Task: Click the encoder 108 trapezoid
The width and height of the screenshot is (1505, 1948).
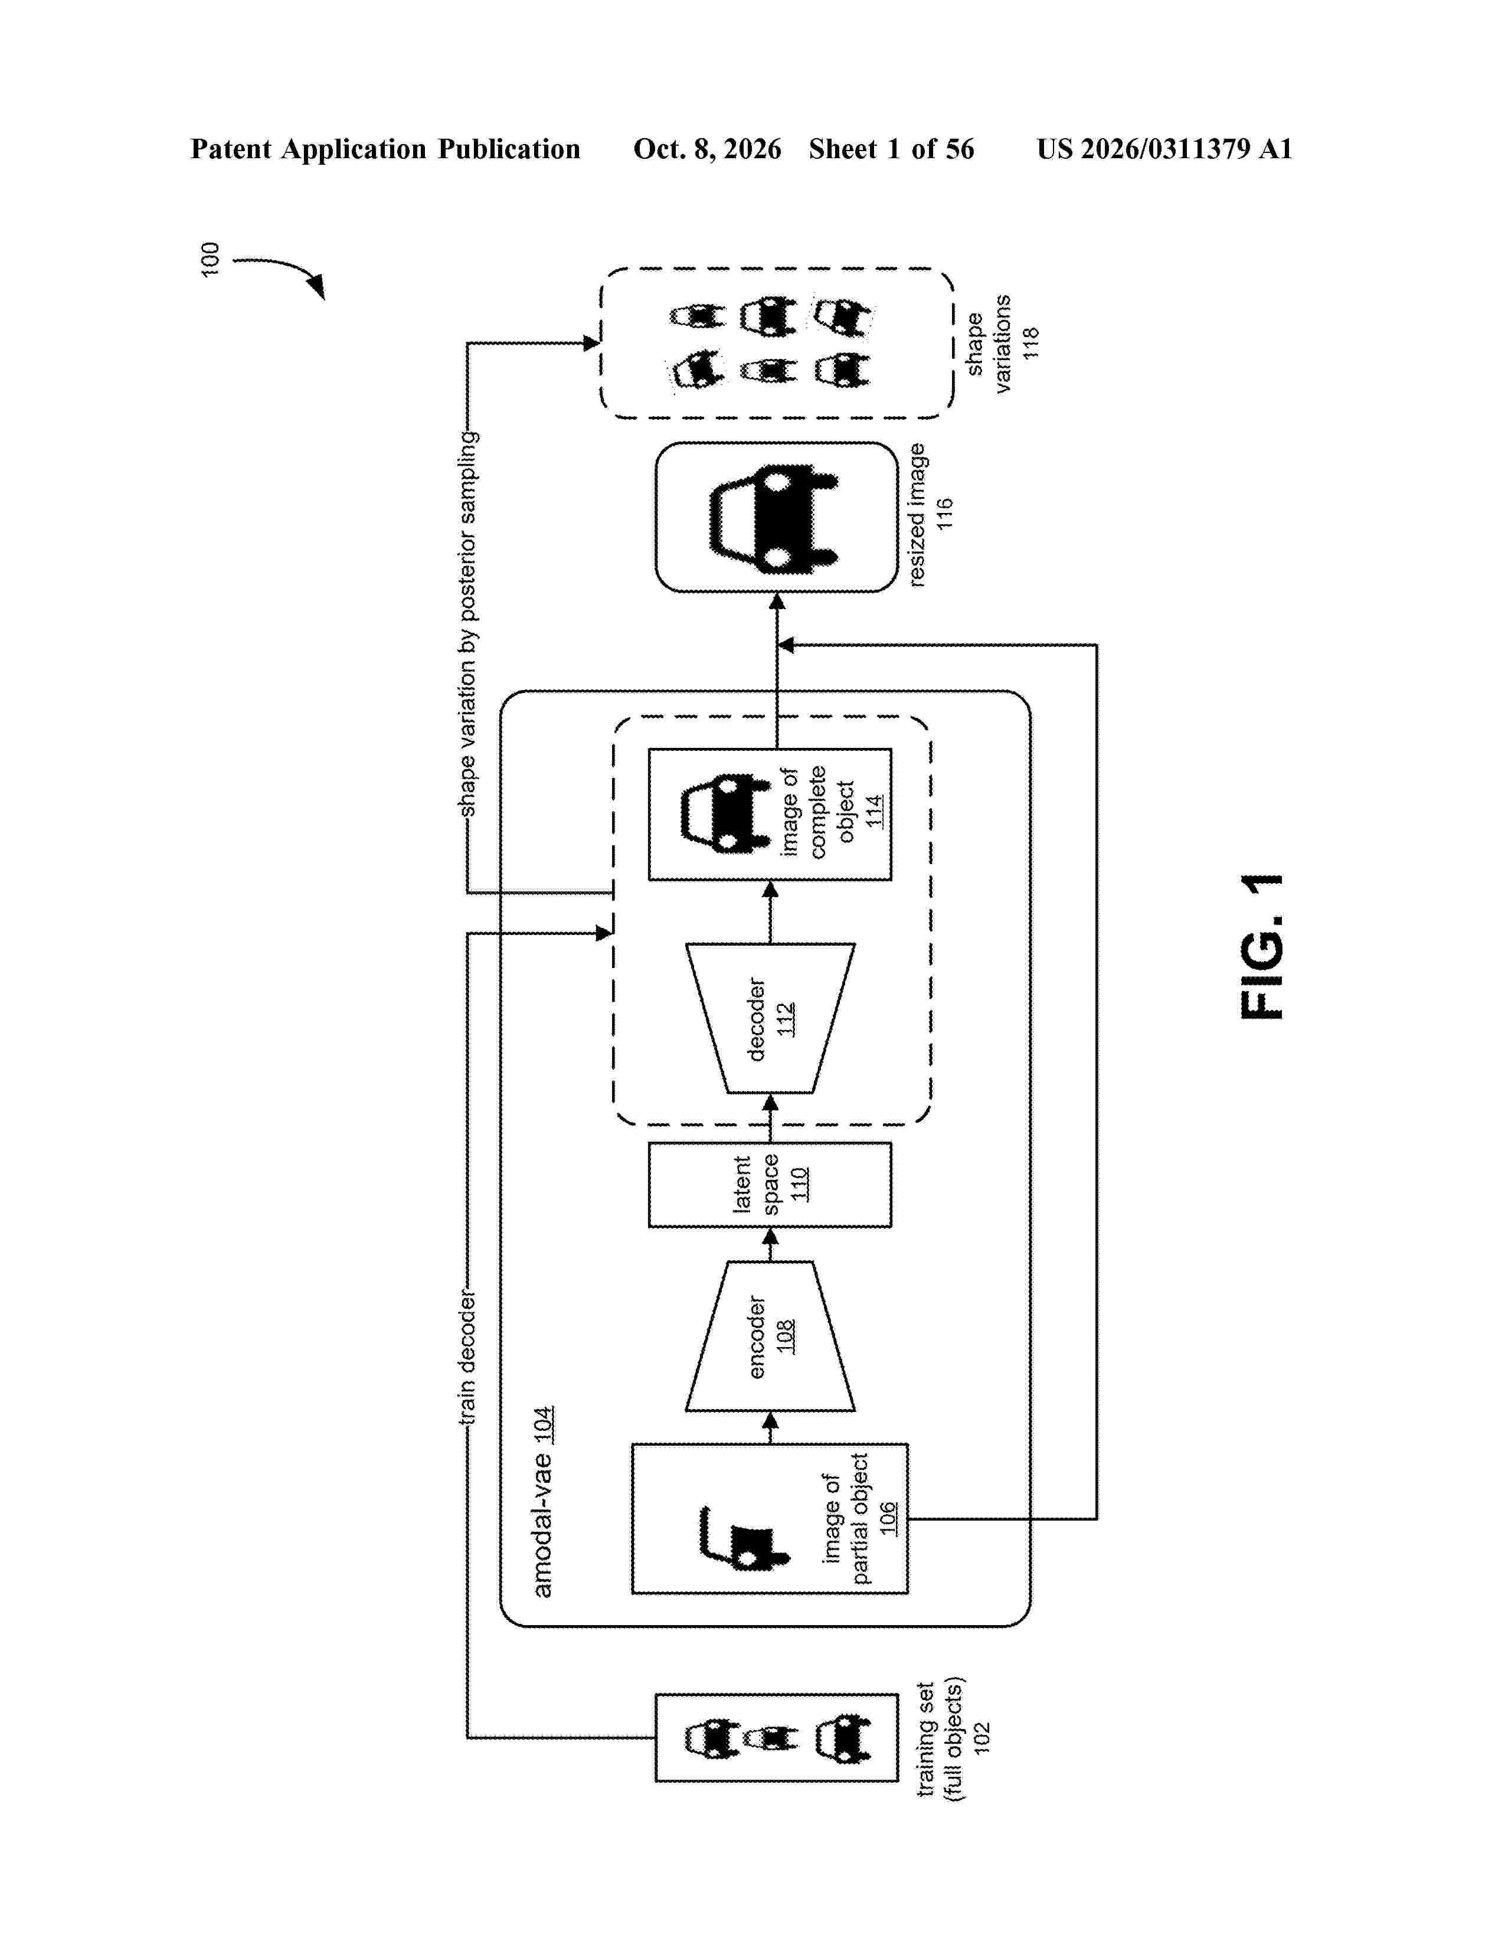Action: [x=770, y=1336]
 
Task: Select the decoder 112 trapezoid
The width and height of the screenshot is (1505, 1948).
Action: [x=770, y=1018]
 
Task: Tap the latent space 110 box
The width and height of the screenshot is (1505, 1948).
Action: [x=770, y=1185]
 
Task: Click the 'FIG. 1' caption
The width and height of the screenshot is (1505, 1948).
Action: [x=1262, y=946]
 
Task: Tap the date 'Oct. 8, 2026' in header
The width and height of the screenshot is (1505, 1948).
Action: [x=707, y=149]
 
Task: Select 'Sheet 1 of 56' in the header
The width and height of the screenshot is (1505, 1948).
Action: [x=892, y=149]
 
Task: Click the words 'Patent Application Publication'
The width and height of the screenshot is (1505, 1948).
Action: [x=385, y=149]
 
